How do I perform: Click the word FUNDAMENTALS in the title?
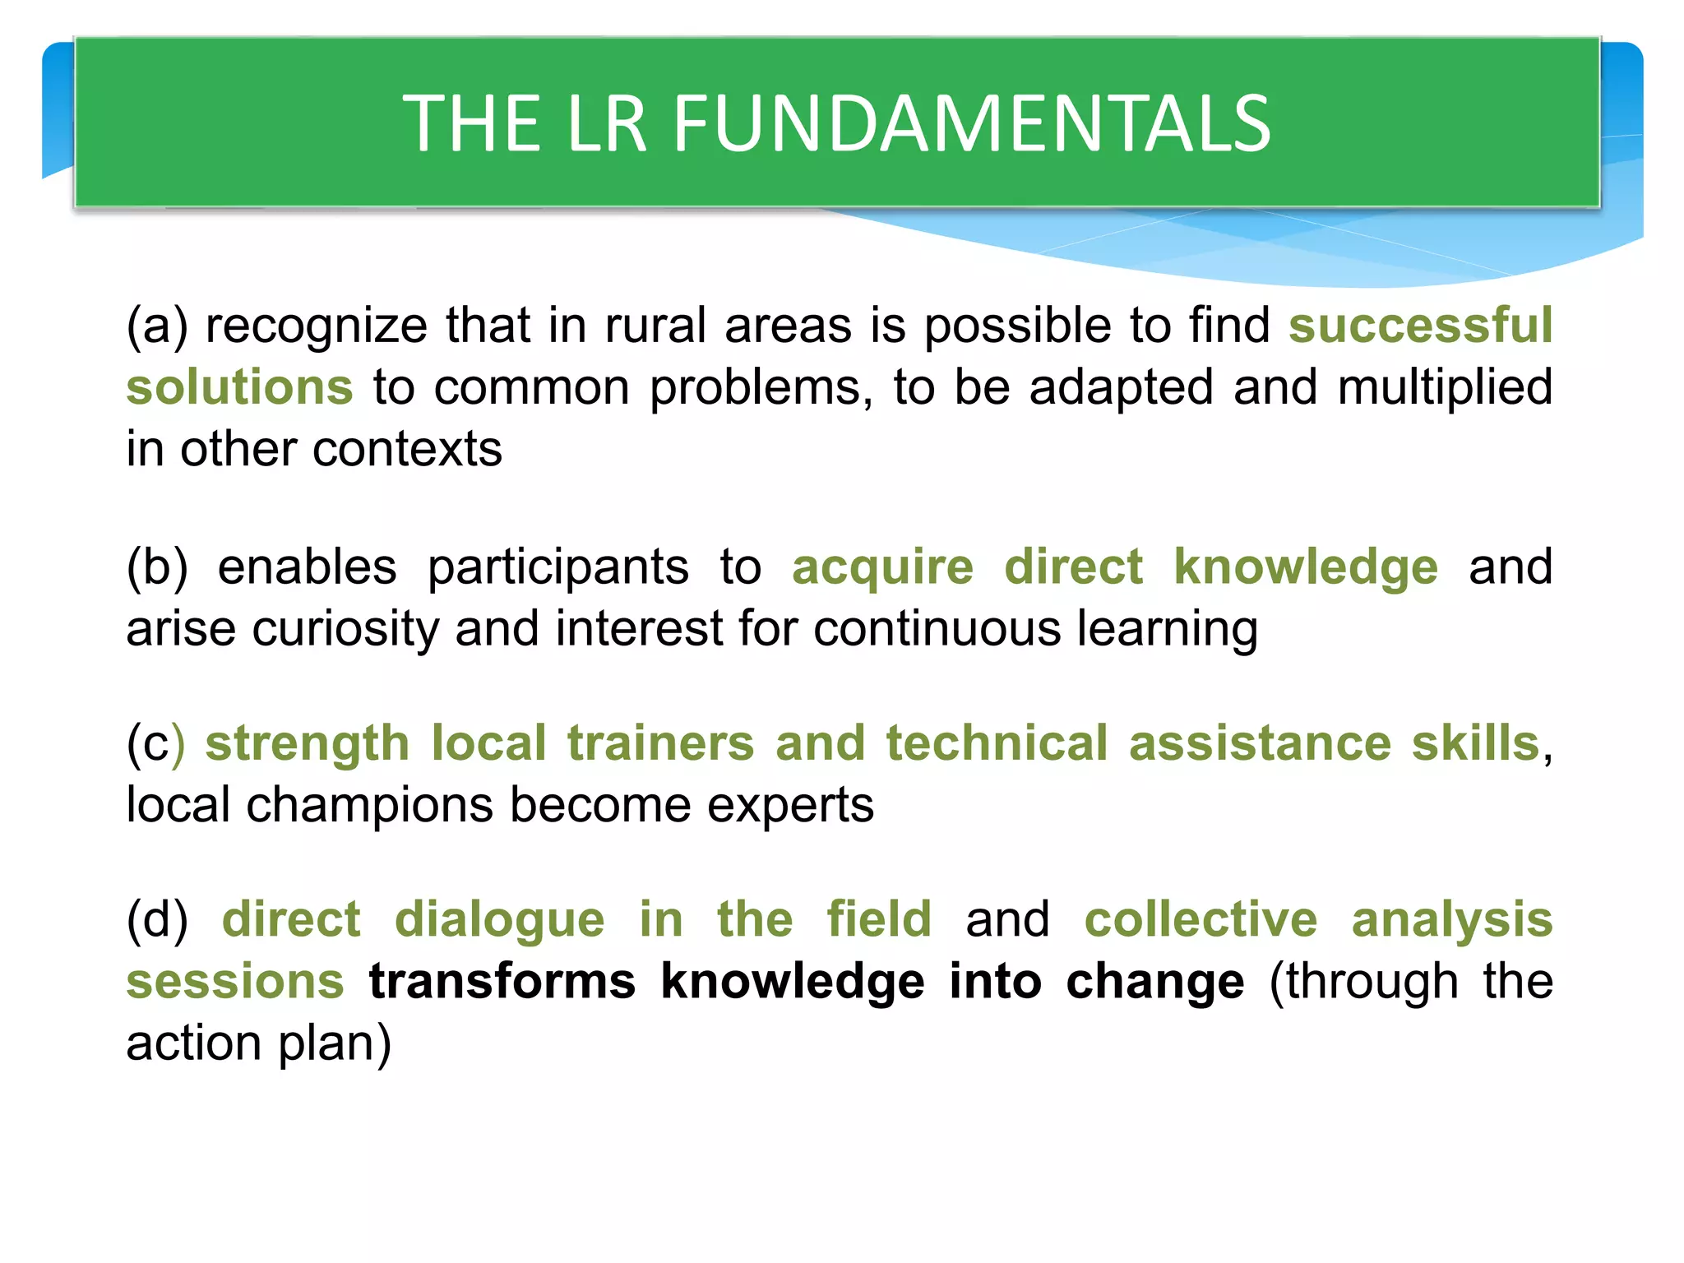pyautogui.click(x=972, y=123)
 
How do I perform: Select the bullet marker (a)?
pyautogui.click(x=156, y=326)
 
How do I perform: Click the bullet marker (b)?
pyautogui.click(x=157, y=567)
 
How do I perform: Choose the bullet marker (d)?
pyautogui.click(x=157, y=919)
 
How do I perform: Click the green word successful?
pyautogui.click(x=1420, y=326)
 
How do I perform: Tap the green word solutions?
pyautogui.click(x=239, y=387)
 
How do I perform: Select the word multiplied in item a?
pyautogui.click(x=1445, y=387)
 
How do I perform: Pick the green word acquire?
pyautogui.click(x=882, y=567)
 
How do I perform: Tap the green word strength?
pyautogui.click(x=307, y=743)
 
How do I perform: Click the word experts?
pyautogui.click(x=790, y=805)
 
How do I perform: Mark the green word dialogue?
pyautogui.click(x=499, y=919)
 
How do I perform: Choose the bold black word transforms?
pyautogui.click(x=502, y=982)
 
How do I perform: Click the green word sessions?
pyautogui.click(x=235, y=982)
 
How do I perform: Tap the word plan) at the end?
pyautogui.click(x=334, y=1043)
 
